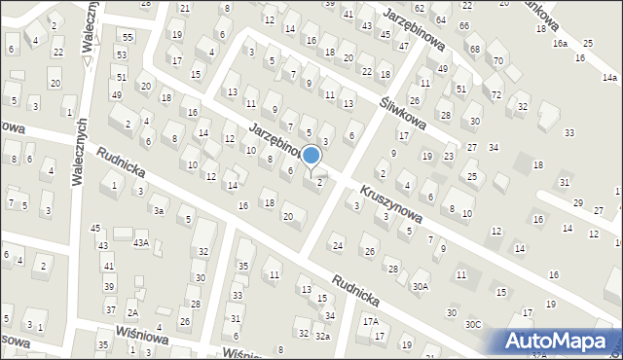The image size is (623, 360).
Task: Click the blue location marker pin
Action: [311, 157]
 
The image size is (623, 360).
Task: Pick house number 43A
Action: [141, 242]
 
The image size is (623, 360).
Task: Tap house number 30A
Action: [420, 286]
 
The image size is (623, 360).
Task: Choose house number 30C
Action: [472, 324]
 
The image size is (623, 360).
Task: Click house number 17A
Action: [370, 320]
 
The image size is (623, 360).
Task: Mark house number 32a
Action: [322, 336]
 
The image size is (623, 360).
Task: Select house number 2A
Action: [131, 313]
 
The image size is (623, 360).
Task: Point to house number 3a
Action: [158, 210]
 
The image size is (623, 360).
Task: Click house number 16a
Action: [560, 44]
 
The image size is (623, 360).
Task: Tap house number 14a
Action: [608, 77]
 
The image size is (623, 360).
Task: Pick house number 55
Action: [125, 36]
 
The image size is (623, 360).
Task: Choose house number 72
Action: [496, 94]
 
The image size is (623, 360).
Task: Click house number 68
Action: [474, 49]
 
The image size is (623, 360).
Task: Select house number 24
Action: [337, 244]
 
